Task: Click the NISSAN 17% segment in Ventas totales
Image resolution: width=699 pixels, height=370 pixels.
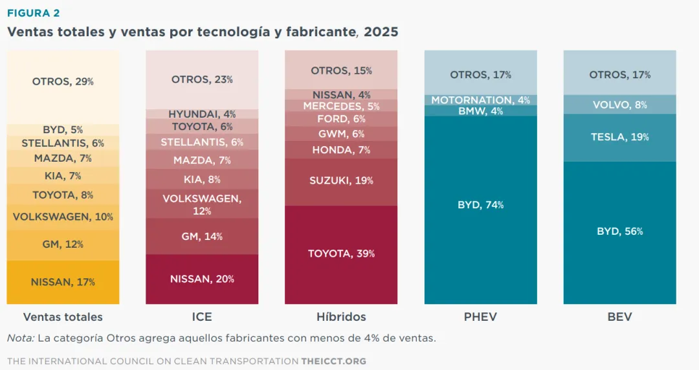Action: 63,282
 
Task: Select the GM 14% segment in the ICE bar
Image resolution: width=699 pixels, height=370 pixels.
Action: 202,237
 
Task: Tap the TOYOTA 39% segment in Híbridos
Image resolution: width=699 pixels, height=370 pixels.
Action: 341,254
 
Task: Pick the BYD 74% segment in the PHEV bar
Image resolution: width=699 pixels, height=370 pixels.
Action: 480,205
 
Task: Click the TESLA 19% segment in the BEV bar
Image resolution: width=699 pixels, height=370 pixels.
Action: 619,137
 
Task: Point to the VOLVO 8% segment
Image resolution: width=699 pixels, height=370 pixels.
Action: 619,105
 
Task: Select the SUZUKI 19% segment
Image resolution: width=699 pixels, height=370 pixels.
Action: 341,181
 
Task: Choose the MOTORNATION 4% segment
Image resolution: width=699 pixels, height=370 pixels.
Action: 480,100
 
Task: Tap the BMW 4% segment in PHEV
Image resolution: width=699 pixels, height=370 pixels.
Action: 480,111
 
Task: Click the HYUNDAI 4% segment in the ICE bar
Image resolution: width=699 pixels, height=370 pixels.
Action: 202,114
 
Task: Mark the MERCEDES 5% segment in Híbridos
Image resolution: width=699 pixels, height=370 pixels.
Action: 341,106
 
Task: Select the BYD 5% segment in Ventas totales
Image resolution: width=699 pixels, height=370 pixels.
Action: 63,130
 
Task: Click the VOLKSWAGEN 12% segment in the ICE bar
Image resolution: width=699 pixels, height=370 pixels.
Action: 202,204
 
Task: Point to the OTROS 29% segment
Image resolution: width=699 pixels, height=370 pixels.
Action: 63,82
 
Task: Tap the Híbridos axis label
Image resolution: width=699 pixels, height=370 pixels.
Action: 341,317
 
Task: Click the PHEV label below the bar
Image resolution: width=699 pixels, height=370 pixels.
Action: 480,317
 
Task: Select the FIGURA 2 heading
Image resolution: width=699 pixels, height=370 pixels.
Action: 33,13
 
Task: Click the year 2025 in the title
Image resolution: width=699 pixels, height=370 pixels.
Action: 381,32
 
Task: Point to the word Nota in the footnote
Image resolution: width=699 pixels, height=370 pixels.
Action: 19,338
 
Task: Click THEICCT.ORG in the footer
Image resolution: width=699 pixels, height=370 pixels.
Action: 333,360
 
